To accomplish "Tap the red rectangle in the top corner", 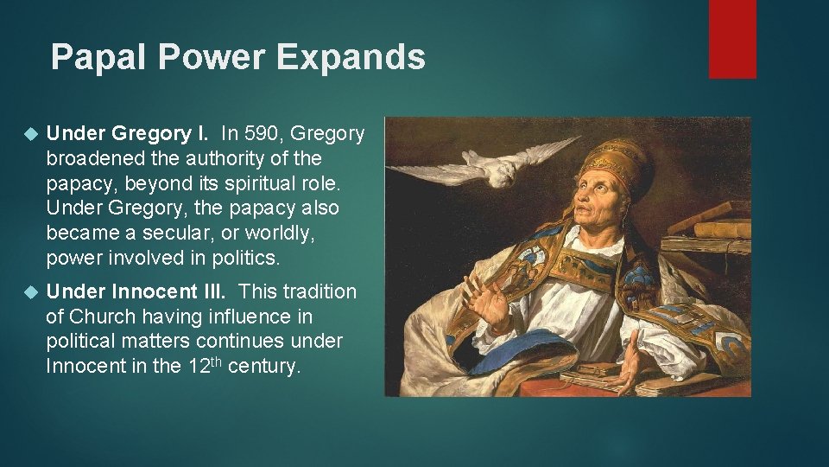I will coord(731,39).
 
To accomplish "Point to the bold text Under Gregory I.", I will coord(127,133).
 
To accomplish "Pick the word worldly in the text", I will coord(246,233).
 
